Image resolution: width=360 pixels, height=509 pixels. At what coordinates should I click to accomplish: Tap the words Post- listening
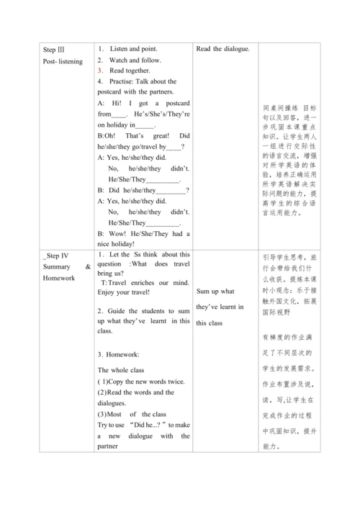pyautogui.click(x=63, y=61)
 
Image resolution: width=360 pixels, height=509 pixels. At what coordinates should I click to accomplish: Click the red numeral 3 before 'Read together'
pyautogui.click(x=101, y=71)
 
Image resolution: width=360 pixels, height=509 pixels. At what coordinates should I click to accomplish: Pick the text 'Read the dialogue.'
pyautogui.click(x=222, y=49)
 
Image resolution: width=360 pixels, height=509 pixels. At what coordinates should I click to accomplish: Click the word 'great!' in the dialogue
pyautogui.click(x=154, y=135)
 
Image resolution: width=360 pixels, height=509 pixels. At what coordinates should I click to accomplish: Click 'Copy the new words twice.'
pyautogui.click(x=144, y=381)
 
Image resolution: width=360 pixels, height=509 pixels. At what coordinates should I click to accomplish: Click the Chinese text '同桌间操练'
pyautogui.click(x=282, y=107)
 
